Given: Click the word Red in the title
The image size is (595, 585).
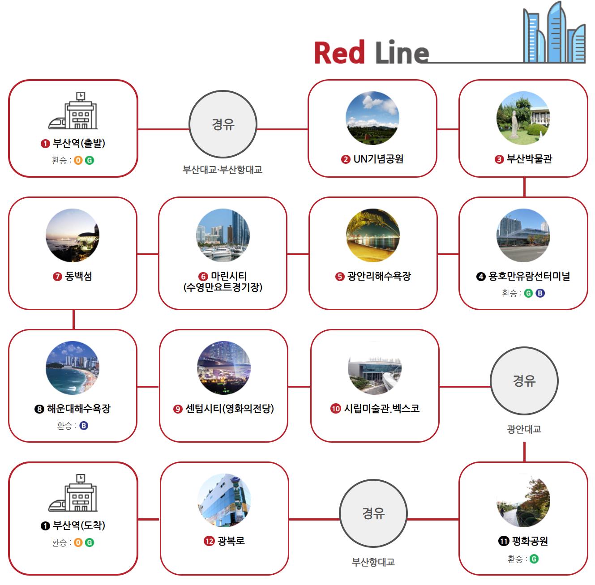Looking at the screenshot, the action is click(x=339, y=53).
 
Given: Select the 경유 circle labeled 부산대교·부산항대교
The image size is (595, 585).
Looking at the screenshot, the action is click(x=223, y=124).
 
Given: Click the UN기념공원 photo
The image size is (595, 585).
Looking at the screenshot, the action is click(x=372, y=118).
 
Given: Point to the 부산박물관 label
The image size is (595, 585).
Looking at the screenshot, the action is click(x=529, y=159).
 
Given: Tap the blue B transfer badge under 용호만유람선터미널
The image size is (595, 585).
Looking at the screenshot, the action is click(x=540, y=293).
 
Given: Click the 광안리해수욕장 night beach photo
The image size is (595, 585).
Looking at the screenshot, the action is click(x=372, y=235).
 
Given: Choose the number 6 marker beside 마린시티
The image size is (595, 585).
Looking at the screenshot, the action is click(x=203, y=277).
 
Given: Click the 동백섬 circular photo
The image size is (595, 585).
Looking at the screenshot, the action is click(x=73, y=235).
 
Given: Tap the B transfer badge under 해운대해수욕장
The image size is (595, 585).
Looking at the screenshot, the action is click(x=84, y=426).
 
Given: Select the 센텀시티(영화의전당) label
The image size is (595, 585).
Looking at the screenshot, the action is click(x=230, y=409).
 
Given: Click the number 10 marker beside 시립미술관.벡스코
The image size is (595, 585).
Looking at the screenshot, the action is click(x=336, y=409).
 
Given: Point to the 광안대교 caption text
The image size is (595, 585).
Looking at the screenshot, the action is click(x=524, y=429).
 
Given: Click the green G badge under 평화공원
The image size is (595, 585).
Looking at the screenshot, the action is click(x=534, y=559).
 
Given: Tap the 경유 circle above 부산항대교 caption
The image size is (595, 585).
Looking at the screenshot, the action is click(x=373, y=513).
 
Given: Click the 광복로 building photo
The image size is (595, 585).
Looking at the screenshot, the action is click(x=224, y=500).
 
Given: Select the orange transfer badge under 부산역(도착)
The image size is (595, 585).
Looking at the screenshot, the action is click(x=78, y=542).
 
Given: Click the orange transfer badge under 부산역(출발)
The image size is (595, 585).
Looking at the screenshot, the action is click(x=78, y=160).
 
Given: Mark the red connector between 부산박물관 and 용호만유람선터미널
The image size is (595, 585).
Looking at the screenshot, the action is click(x=524, y=187).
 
